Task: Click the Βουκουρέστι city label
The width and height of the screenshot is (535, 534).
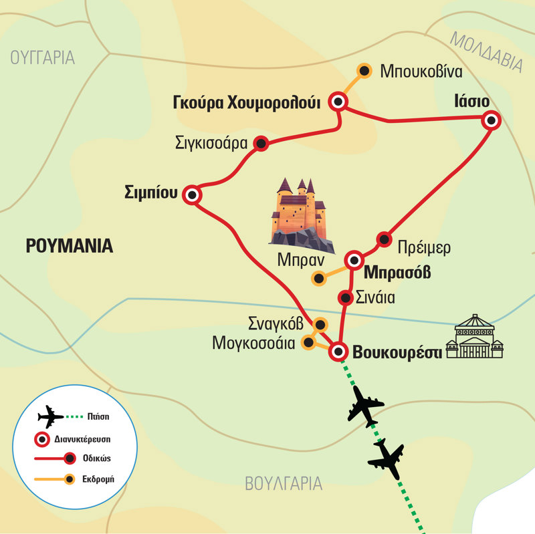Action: tap(397, 352)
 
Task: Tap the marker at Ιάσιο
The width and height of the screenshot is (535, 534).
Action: tap(492, 120)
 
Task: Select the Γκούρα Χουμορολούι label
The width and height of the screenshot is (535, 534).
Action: tap(247, 102)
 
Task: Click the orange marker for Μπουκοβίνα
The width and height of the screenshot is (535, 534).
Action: tap(364, 70)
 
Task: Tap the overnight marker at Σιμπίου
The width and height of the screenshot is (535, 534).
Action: tap(193, 195)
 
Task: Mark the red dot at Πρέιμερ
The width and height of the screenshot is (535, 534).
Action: tap(384, 239)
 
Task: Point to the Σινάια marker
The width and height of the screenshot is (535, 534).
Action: tap(345, 297)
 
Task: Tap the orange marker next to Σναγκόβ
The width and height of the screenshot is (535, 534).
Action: tap(320, 325)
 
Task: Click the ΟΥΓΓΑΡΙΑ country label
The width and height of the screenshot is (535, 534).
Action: tap(42, 58)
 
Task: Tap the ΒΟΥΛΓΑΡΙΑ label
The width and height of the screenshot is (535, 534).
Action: tap(284, 483)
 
